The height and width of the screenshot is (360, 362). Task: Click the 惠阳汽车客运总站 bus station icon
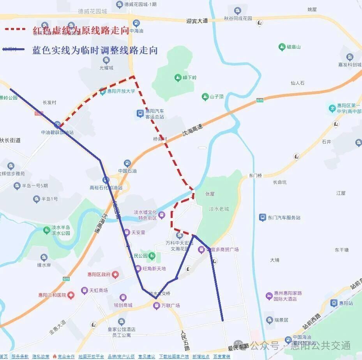140,114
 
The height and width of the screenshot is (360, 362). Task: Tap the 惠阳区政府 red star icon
116,274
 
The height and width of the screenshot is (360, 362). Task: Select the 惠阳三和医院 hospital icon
71,295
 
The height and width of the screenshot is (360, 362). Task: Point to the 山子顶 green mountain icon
205,97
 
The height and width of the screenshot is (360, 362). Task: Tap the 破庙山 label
293,47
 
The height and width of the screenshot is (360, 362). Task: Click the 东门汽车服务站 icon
263,218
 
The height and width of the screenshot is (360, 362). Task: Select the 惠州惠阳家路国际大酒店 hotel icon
269,296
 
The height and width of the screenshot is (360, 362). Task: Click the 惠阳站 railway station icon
334,303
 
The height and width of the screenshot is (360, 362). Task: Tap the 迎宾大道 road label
197,21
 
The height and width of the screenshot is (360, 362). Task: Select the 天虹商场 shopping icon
84,290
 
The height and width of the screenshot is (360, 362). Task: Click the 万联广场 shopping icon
156,306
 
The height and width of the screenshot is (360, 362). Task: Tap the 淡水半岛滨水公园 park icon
47,230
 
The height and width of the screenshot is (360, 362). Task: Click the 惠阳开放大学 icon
102,91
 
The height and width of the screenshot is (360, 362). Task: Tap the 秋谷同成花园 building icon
238,11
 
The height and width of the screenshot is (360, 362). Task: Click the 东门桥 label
256,176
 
